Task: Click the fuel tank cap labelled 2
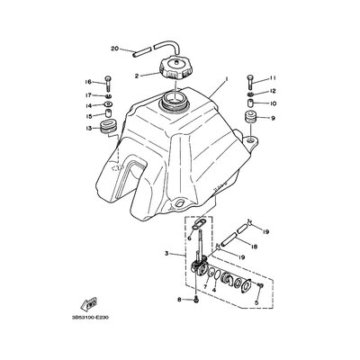coord(175,67)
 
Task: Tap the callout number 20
coord(115,49)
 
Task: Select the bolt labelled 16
coord(108,84)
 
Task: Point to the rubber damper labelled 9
coord(251,116)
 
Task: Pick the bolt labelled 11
coord(251,82)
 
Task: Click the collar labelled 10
coord(251,103)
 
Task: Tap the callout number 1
coord(227,79)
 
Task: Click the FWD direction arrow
coord(89,304)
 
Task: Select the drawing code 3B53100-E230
coord(90,318)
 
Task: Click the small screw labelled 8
coord(195,299)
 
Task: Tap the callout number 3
coord(166,254)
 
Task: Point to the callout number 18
coord(255,247)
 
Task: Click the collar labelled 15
coord(108,115)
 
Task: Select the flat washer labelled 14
coord(108,104)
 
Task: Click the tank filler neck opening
coord(174,98)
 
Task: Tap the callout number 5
coord(256,302)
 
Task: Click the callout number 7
coord(205,287)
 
